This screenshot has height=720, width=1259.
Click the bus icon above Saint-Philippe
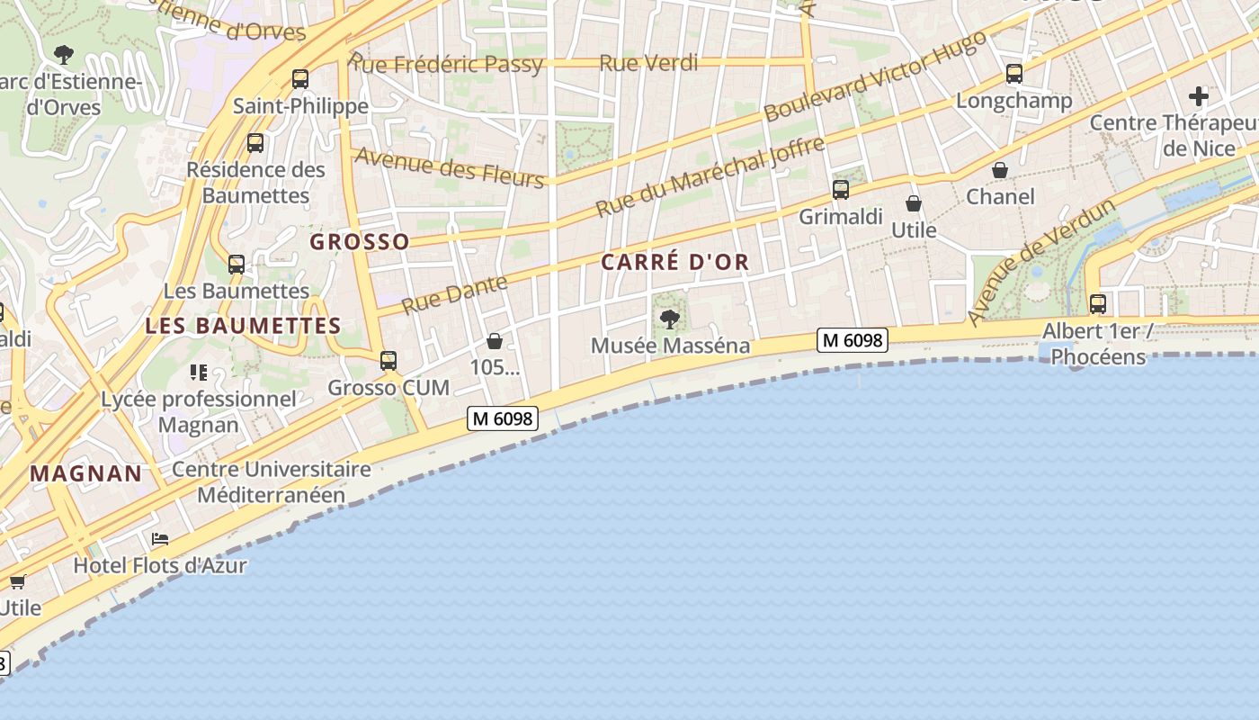(300, 79)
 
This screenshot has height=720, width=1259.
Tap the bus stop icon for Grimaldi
(841, 190)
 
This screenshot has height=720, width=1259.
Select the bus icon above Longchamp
(1014, 74)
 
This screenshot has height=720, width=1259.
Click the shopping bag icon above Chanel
(1000, 170)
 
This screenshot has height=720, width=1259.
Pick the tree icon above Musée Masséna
(669, 319)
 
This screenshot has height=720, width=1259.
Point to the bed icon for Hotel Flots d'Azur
(160, 539)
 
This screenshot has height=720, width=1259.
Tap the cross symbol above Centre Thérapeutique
(1199, 96)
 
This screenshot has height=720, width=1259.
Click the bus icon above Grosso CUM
(388, 361)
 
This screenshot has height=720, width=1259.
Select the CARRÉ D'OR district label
(674, 263)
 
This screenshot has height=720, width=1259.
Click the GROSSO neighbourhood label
(360, 242)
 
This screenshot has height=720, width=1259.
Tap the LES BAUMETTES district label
(243, 326)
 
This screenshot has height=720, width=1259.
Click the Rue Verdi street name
(648, 63)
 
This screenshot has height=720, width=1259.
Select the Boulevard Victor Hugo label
(875, 76)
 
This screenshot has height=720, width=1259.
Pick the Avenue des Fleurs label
(450, 167)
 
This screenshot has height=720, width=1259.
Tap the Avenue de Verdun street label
(1043, 262)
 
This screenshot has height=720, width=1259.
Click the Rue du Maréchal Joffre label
(710, 177)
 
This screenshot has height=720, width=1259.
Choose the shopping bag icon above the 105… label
(494, 341)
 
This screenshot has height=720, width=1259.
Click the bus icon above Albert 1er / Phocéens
(1097, 304)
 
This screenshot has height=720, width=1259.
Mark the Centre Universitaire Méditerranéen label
(271, 482)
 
